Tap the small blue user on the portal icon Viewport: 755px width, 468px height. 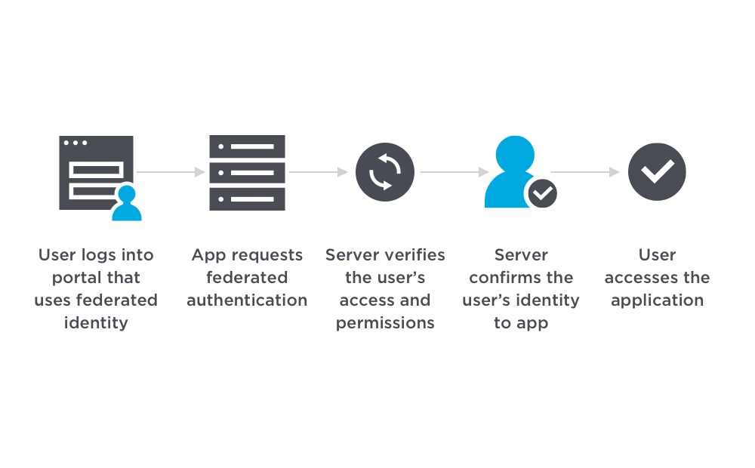(x=127, y=203)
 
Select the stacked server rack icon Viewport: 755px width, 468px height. (x=247, y=172)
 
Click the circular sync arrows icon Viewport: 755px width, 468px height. (x=385, y=172)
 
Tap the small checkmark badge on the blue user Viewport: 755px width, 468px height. (x=541, y=194)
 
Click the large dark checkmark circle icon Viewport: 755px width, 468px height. (x=657, y=172)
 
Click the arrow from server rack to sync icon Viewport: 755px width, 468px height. (x=318, y=172)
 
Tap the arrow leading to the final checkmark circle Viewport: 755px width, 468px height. (x=585, y=172)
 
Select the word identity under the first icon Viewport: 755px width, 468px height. (x=96, y=323)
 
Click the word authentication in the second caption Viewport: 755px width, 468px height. (x=247, y=300)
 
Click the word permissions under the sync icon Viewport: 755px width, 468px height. (x=385, y=323)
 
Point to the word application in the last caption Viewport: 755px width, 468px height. (x=657, y=300)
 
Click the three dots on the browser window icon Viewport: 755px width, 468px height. (x=75, y=143)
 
